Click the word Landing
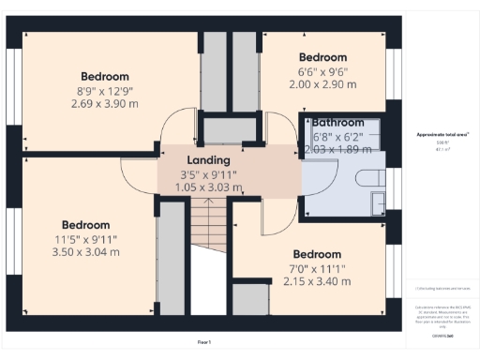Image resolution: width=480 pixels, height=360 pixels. (208, 160)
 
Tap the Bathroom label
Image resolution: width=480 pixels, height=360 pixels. (337, 123)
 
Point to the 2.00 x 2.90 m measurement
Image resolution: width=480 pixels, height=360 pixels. (322, 84)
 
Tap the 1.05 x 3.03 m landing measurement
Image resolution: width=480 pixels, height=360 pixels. (208, 187)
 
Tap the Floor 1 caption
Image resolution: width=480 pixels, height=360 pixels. (204, 342)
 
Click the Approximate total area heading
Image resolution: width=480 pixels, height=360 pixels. (442, 135)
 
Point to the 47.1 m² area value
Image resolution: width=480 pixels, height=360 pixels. (442, 149)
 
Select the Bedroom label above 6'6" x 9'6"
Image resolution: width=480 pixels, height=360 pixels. (322, 57)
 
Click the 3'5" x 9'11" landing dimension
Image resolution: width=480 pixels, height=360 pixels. (208, 174)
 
